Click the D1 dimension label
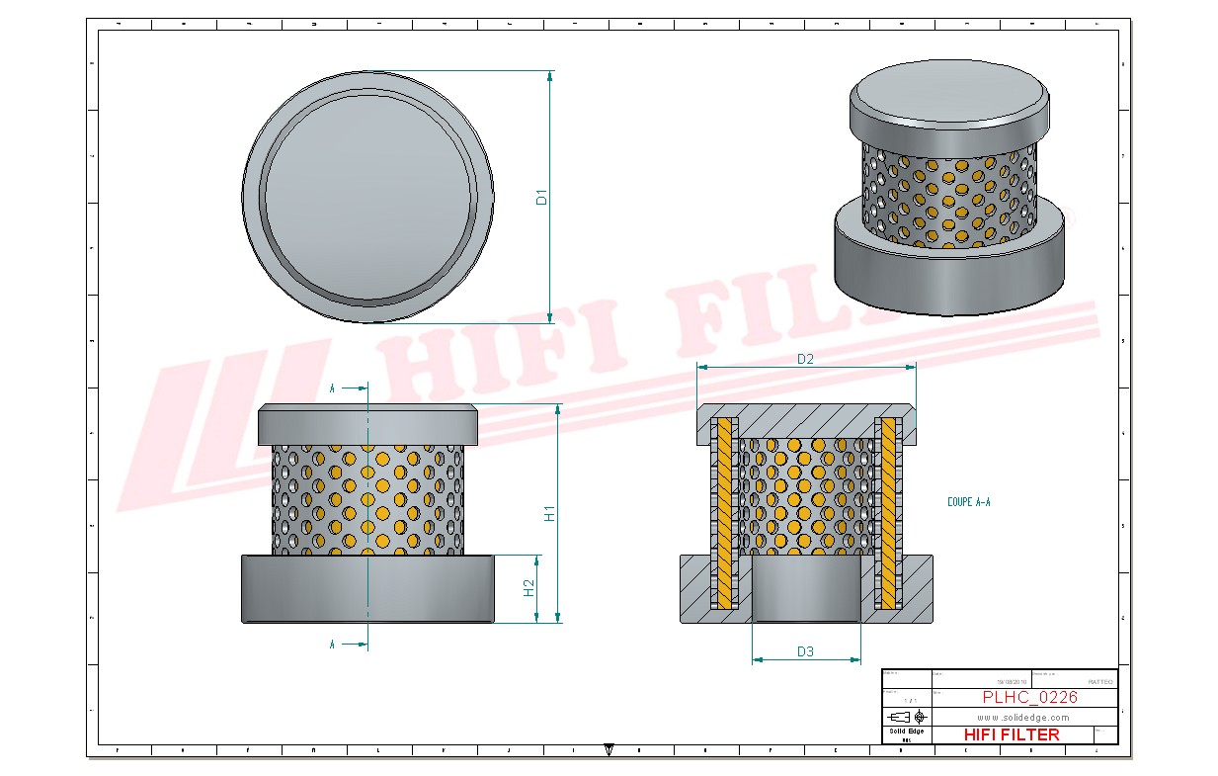[x=541, y=197]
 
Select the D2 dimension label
[x=805, y=359]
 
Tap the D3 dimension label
[x=805, y=651]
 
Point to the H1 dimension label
[x=550, y=513]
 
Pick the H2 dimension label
[x=529, y=588]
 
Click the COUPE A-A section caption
[x=968, y=502]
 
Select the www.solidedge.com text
[x=1023, y=717]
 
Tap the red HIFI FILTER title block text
[x=1011, y=734]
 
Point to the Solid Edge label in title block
[x=906, y=731]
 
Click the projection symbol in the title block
[x=907, y=716]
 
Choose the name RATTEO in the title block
[x=1099, y=682]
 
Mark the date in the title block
[x=1012, y=682]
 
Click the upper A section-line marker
[x=333, y=388]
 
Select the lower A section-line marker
[x=333, y=645]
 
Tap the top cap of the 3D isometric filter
[x=948, y=92]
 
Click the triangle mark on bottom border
[x=609, y=749]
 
